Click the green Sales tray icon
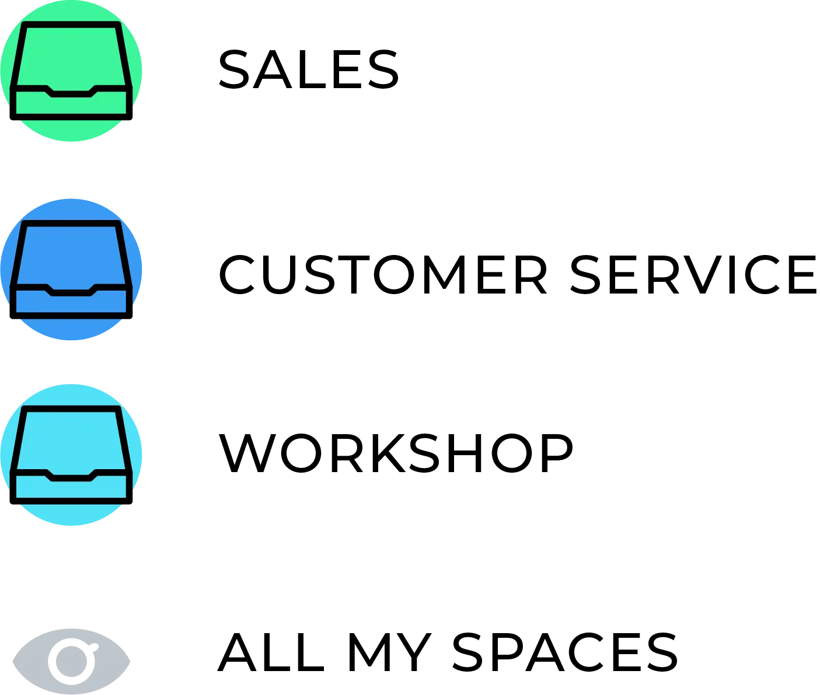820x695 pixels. click(71, 71)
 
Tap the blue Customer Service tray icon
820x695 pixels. click(71, 270)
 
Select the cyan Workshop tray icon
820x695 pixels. click(71, 455)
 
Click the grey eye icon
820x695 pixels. click(71, 661)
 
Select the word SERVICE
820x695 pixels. click(693, 274)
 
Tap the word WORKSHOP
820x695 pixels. click(396, 453)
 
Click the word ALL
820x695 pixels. click(271, 652)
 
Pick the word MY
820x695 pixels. click(389, 652)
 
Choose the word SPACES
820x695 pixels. click(565, 652)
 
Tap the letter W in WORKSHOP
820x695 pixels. click(247, 453)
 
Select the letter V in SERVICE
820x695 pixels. click(703, 274)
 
